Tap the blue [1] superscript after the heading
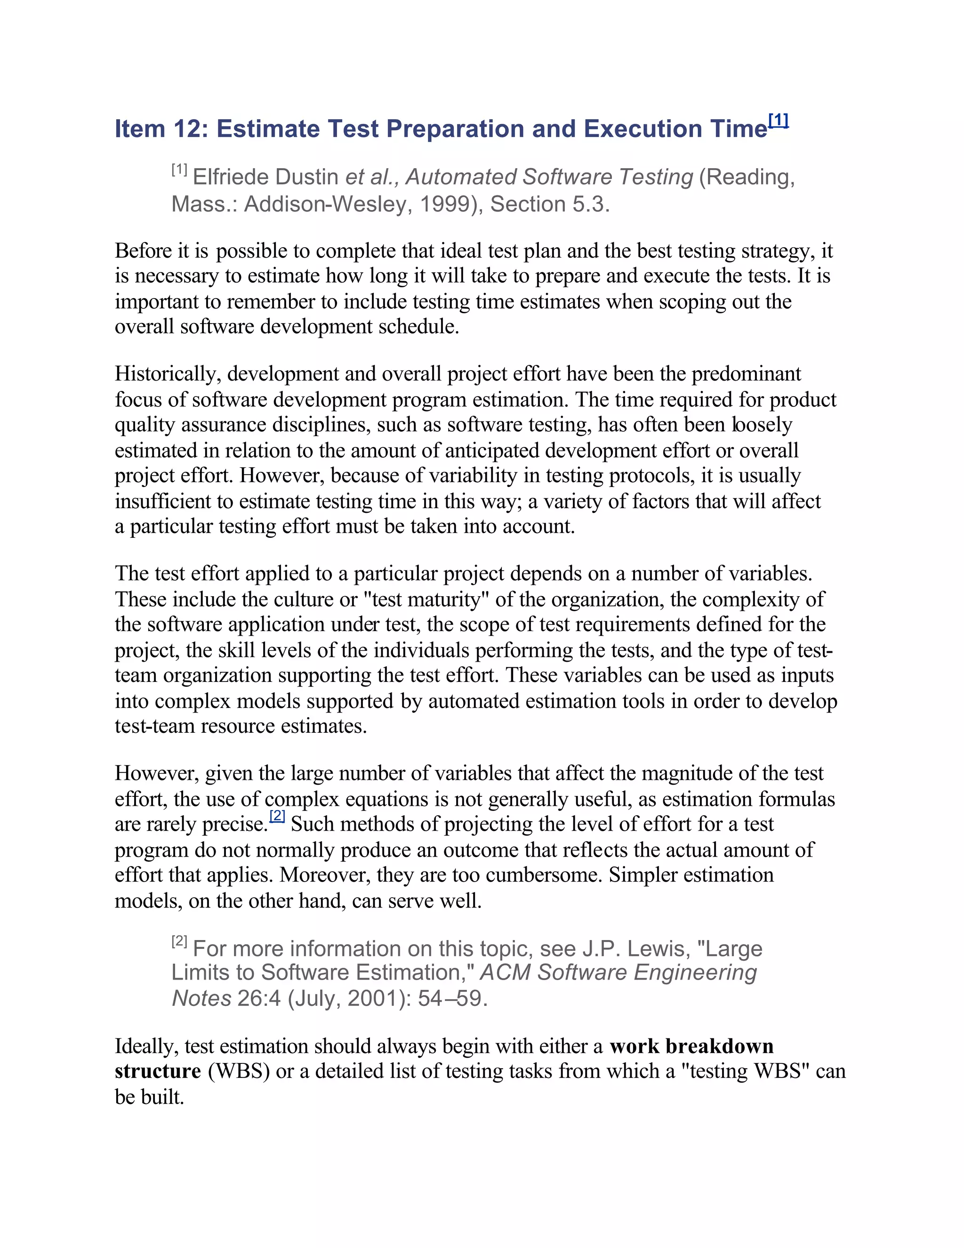click(x=779, y=121)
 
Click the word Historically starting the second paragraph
click(x=167, y=374)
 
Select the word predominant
click(x=746, y=374)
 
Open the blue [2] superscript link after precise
click(x=277, y=816)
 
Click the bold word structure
click(x=158, y=1071)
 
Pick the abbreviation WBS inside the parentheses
click(x=238, y=1071)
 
